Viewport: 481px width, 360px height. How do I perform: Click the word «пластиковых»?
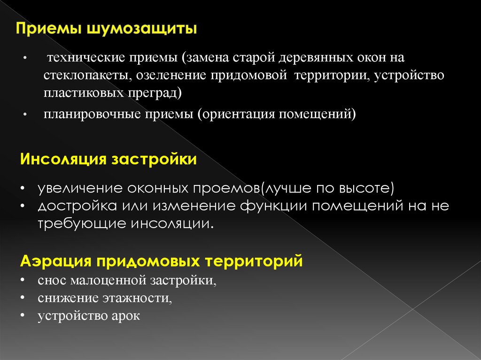(x=83, y=92)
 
